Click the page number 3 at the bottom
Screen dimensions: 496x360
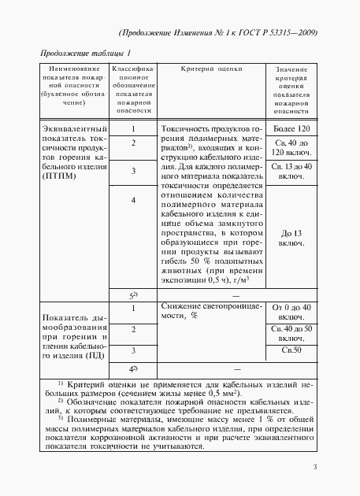314,468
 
